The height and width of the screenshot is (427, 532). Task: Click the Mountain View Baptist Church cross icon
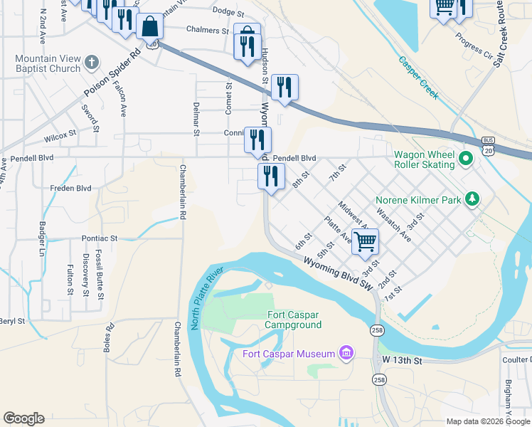click(91, 63)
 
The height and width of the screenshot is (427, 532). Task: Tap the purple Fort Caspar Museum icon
click(346, 353)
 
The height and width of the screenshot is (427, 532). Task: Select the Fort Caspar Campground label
click(294, 320)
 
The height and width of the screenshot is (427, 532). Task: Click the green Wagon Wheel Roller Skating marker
click(466, 159)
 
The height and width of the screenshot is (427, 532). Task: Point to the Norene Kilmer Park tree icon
click(472, 200)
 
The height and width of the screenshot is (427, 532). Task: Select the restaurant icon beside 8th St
click(271, 176)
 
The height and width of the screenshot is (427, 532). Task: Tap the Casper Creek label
click(418, 78)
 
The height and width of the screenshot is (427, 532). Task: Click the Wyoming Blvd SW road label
click(338, 273)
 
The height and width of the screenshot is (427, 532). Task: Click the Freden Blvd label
click(70, 189)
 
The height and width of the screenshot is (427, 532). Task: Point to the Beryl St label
click(13, 321)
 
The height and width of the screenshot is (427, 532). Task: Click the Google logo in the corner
click(23, 418)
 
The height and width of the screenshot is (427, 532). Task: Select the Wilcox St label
click(59, 134)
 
